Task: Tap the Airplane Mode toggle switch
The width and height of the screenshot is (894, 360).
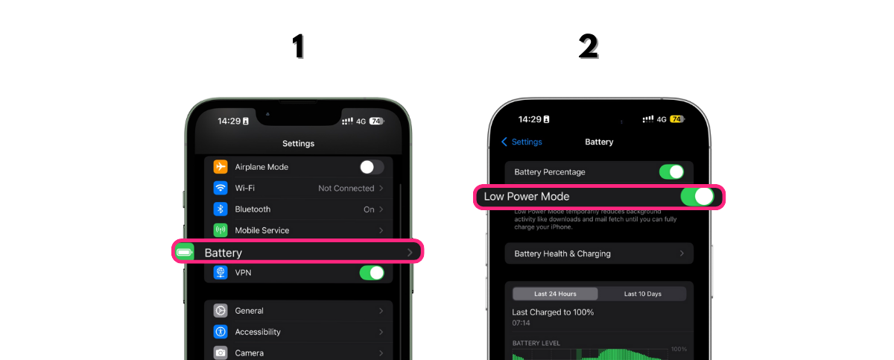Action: coord(372,167)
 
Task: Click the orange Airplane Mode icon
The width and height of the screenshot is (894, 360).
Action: coord(221,167)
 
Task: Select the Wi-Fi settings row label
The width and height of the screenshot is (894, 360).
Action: coord(246,188)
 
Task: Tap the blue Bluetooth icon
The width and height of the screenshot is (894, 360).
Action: coord(221,209)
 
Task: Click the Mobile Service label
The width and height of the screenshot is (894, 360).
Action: coord(261,230)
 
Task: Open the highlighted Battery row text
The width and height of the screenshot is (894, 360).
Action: coord(223,253)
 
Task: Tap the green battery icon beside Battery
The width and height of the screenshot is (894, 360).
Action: coord(184,253)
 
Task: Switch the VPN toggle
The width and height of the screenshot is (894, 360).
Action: coord(372,273)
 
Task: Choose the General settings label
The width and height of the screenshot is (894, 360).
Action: coord(249,311)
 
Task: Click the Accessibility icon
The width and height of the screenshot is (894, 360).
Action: coord(221,332)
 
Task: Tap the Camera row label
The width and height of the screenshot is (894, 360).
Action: coord(249,353)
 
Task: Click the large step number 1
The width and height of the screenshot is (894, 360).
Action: coord(298,47)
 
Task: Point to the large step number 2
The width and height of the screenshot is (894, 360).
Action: coord(589,47)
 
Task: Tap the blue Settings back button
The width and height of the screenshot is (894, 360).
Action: coord(522,142)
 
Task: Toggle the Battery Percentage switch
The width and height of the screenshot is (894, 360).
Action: coord(671,172)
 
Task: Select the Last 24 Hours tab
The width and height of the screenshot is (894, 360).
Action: coord(555,294)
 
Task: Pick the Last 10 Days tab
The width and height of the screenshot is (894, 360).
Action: coord(642,294)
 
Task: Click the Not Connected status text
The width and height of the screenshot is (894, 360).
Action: coord(346,189)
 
